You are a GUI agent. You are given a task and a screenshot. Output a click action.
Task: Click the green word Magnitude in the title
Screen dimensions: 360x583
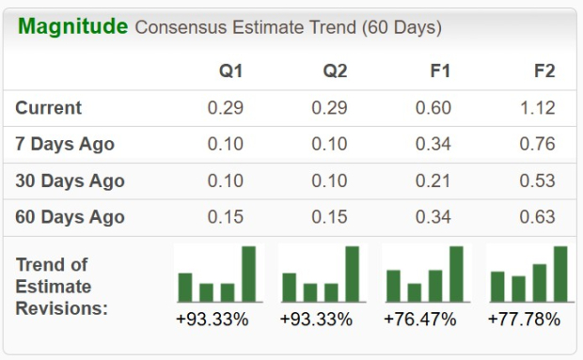(x=72, y=26)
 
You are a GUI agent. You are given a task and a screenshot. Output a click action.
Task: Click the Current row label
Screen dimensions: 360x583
(x=49, y=108)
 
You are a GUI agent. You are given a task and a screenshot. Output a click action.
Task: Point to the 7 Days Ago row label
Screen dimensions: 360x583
(x=65, y=144)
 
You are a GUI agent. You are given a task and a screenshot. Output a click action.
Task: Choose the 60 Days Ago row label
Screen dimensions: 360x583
(x=70, y=217)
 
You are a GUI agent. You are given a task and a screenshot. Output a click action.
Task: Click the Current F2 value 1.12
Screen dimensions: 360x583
(x=538, y=108)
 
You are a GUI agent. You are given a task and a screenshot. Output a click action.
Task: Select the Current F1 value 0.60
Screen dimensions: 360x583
(x=433, y=108)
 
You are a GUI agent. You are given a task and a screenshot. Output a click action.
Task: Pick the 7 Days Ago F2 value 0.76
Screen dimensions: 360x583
(x=538, y=144)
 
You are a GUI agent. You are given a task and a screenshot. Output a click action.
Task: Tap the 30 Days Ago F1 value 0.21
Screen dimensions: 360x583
(x=433, y=180)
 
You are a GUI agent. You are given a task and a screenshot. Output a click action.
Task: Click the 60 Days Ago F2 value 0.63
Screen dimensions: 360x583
(x=538, y=217)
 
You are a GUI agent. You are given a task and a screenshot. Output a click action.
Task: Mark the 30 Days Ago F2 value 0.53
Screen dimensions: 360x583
(x=538, y=180)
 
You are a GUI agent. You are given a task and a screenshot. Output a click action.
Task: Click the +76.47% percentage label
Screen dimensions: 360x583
(x=419, y=320)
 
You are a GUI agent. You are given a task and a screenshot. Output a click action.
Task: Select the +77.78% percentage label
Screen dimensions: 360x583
(x=524, y=320)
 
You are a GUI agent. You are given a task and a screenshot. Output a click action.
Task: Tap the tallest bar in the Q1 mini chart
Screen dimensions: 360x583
(x=249, y=274)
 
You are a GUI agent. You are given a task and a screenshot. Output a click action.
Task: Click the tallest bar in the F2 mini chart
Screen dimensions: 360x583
(x=560, y=274)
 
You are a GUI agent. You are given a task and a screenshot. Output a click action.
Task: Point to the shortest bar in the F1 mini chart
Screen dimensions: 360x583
(x=415, y=292)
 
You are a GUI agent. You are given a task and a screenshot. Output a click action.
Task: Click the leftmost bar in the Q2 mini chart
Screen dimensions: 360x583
(x=290, y=288)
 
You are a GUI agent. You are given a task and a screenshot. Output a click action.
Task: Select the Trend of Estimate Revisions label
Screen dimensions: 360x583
(x=62, y=286)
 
